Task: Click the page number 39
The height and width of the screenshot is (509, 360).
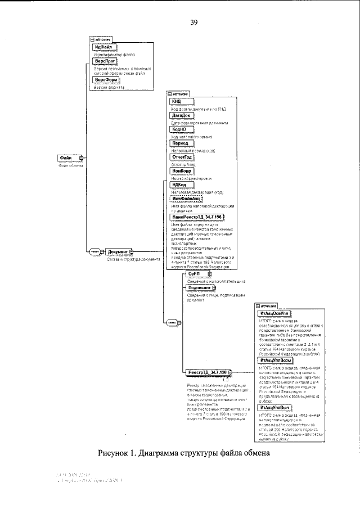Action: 193,23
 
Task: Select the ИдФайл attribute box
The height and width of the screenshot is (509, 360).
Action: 103,47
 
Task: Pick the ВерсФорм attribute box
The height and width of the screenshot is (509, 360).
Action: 106,80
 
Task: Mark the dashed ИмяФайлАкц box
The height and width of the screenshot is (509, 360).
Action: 186,199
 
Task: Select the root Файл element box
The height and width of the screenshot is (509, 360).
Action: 69,158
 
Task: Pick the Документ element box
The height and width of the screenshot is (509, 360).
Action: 119,252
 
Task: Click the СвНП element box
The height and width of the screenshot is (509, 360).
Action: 198,274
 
